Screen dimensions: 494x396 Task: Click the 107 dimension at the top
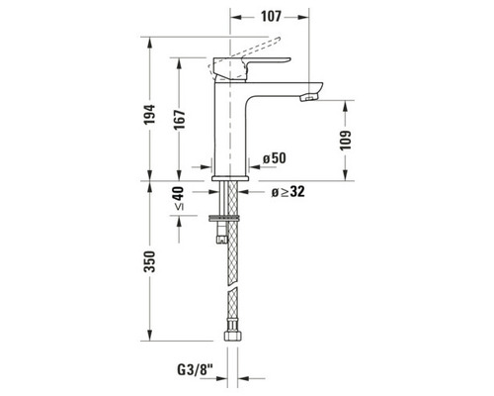pyautogui.click(x=271, y=16)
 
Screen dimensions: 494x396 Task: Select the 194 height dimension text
pyautogui.click(x=149, y=114)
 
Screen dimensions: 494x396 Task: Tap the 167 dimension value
pyautogui.click(x=180, y=120)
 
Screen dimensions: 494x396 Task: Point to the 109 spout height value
pyautogui.click(x=345, y=140)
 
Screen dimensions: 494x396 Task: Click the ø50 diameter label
pyautogui.click(x=275, y=158)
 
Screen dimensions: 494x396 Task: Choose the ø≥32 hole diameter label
pyautogui.click(x=288, y=192)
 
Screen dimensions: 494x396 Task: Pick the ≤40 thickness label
pyautogui.click(x=179, y=199)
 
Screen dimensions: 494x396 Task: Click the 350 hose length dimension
pyautogui.click(x=150, y=261)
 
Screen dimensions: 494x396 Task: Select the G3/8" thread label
pyautogui.click(x=196, y=369)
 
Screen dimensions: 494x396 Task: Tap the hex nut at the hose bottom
pyautogui.click(x=233, y=336)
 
